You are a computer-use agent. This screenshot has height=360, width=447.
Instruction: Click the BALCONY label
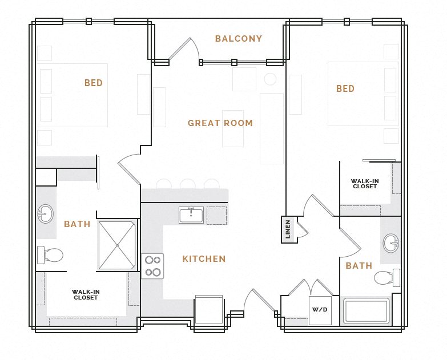[239, 39]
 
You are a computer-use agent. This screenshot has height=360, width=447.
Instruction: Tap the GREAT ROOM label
[220, 123]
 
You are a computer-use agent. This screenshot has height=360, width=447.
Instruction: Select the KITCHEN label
[204, 259]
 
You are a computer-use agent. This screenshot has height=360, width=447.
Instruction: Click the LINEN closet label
[288, 229]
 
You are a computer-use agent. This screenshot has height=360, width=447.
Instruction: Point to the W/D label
[320, 310]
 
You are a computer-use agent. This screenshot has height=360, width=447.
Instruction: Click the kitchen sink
[191, 215]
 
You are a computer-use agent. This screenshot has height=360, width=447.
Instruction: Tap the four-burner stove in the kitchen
[152, 266]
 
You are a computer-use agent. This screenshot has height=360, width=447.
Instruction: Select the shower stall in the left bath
[117, 245]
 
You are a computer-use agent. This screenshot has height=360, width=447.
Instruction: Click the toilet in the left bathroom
[50, 254]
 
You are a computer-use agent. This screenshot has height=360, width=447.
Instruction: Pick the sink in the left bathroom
[45, 214]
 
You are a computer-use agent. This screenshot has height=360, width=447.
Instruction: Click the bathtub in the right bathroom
[366, 312]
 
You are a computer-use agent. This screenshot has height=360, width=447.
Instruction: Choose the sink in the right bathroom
[392, 242]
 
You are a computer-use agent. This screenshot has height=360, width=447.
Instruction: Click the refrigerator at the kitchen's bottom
[209, 310]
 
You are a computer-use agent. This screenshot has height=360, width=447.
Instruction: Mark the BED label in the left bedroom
[94, 83]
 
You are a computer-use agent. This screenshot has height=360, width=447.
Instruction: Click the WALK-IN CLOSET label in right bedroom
[365, 184]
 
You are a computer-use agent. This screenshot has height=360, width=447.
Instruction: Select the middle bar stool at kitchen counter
[188, 184]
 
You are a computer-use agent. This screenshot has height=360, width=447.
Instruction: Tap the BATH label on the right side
[359, 265]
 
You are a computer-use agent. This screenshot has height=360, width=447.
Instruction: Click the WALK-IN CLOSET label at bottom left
[86, 294]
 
